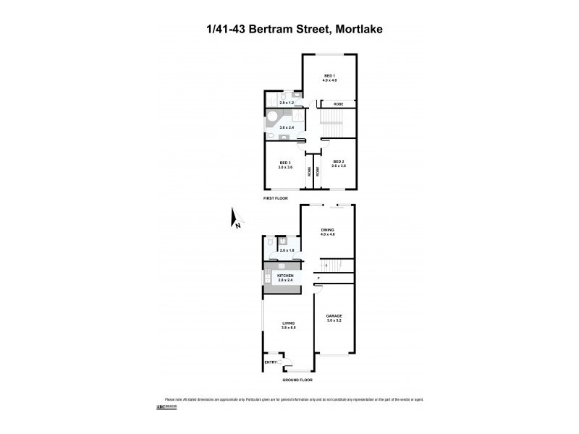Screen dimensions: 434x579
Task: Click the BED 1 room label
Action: coord(330,75)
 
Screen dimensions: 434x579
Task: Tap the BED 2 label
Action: coord(339,161)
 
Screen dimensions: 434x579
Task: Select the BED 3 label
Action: coord(284,162)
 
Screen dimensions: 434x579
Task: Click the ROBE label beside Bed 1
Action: coord(338,105)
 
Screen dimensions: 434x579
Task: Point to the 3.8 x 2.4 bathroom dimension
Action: coord(287,128)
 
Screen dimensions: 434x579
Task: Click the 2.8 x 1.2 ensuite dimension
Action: coord(286,103)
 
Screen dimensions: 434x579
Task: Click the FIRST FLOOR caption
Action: coord(275,197)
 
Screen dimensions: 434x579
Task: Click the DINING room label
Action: coord(328,230)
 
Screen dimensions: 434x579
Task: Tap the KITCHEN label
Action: coord(284,275)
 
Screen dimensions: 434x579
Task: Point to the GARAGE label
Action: coord(334,316)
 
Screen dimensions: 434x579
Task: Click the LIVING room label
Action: coord(288,324)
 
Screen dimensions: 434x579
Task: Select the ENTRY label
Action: coord(270,362)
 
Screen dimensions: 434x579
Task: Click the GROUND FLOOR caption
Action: coord(297,378)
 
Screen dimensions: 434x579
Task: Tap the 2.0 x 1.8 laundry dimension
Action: coord(286,250)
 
